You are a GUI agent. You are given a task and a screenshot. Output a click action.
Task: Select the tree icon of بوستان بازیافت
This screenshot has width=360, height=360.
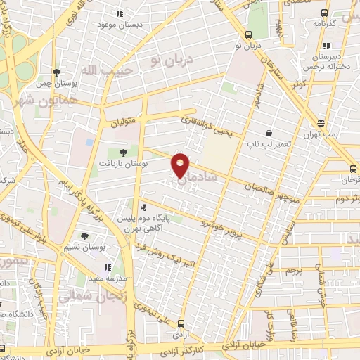point(123,152)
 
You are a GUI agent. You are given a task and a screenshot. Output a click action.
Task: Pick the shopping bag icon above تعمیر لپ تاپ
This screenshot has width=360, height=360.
point(268,133)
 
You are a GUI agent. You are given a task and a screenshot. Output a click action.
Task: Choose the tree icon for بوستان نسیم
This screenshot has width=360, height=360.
point(86,236)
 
